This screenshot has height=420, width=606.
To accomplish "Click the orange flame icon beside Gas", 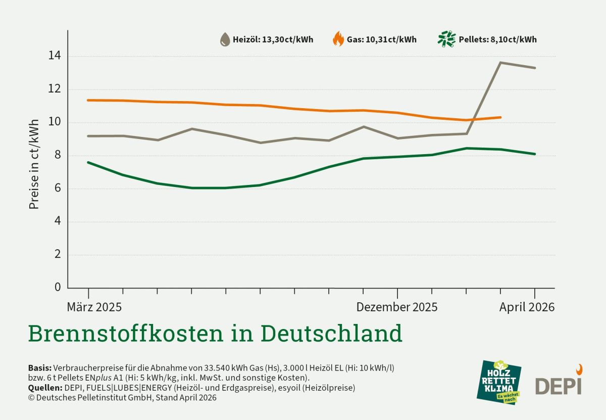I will coord(338,39).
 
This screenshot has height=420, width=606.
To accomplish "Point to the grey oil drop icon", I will coord(224,39).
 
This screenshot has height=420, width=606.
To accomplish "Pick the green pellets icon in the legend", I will coord(446,39).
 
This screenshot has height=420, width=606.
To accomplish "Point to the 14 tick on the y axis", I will coord(55,56).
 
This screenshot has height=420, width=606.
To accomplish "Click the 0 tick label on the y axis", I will coord(57,287).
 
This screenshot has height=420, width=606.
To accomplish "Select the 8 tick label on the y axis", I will coord(57,155).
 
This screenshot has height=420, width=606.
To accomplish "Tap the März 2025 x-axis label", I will coord(94,307).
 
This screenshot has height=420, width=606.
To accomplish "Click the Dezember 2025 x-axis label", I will coord(397,307).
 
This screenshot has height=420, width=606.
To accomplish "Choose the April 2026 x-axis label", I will coord(527,307).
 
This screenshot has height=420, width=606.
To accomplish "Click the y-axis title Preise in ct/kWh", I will coord(34,164).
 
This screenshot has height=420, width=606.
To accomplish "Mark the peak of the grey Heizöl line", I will coord(500,63).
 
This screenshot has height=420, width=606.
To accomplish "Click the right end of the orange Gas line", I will coord(500,117).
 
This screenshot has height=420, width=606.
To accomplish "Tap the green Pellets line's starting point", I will coord(88,162).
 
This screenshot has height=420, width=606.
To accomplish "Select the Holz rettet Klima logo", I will coord(499,382).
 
